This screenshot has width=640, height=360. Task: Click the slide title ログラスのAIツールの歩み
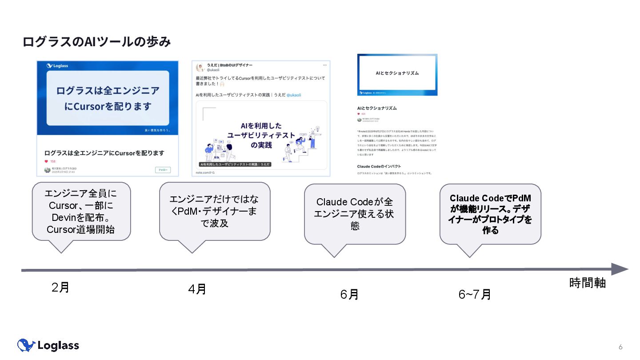tap(96, 42)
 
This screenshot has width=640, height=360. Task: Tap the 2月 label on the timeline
tap(60, 288)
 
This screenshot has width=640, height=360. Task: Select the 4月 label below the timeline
tap(197, 289)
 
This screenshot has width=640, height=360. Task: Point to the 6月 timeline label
tap(349, 294)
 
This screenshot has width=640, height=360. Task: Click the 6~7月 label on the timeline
tap(475, 294)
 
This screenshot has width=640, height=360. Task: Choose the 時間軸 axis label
tap(588, 283)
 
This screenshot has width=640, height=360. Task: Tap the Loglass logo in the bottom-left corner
tap(48, 345)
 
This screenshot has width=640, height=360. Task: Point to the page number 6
tap(620, 347)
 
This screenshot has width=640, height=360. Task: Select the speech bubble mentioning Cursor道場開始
tap(81, 212)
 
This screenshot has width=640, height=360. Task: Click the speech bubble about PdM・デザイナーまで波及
tap(215, 211)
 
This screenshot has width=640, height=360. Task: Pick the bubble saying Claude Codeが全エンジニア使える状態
tap(355, 214)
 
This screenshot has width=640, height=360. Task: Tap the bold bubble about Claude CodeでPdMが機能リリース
tap(490, 214)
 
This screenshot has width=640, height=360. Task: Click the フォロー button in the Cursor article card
tap(163, 170)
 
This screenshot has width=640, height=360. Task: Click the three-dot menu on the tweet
tap(325, 65)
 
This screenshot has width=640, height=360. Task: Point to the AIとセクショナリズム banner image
tap(397, 74)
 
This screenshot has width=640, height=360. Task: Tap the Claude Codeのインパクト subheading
tap(379, 166)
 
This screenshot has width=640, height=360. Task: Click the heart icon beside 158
tap(46, 161)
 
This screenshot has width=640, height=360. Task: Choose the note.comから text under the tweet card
tap(205, 172)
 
